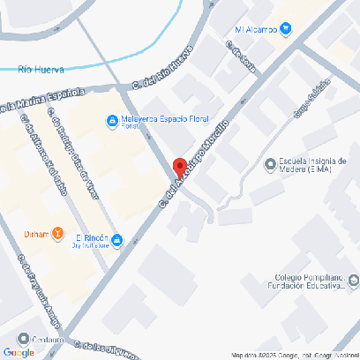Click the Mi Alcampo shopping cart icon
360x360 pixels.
point(285,29)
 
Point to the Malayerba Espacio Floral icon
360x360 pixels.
point(112,121)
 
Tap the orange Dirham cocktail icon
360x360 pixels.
point(57,233)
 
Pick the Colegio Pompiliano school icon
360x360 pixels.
point(353,281)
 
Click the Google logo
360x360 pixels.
point(19,352)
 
